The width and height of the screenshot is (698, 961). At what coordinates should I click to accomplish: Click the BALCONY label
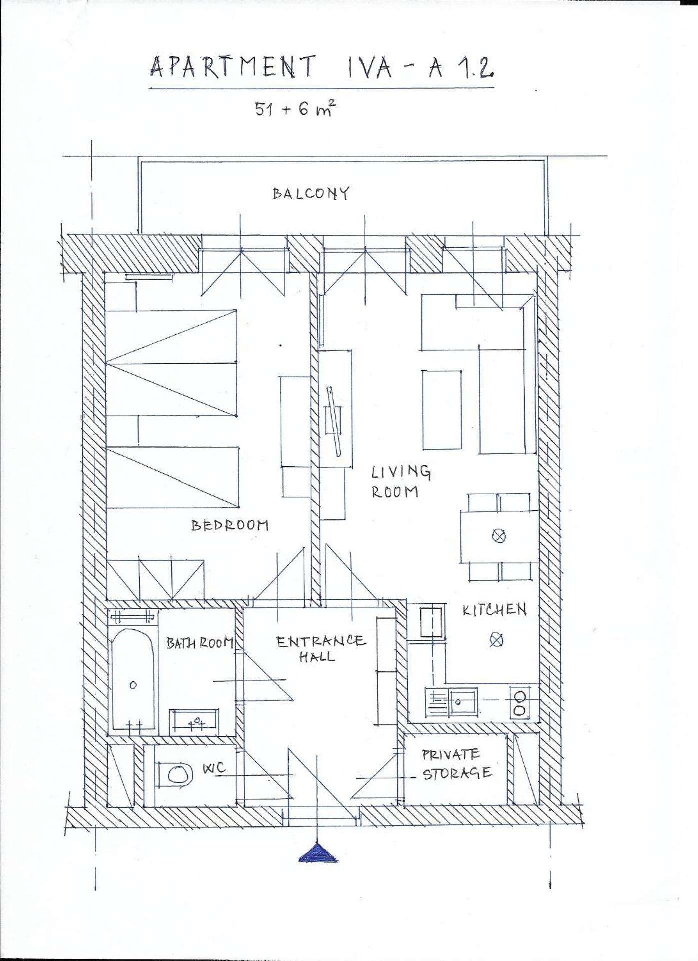click(311, 193)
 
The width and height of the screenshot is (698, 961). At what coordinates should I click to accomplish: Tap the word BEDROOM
click(230, 525)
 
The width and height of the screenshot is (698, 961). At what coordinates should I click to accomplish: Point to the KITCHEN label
click(494, 609)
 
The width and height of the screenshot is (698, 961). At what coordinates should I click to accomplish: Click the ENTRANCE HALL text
click(320, 648)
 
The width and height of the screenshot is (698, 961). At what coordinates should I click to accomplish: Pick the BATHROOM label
click(200, 643)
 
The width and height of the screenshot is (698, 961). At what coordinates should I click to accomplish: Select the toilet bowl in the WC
click(179, 775)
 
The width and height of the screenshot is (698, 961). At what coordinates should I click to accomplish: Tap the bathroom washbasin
click(194, 721)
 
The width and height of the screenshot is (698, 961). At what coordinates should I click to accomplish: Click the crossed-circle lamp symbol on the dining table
click(499, 536)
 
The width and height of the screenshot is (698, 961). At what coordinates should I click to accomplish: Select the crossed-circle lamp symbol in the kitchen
click(496, 640)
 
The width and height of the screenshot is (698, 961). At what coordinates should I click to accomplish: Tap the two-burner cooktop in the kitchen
click(519, 702)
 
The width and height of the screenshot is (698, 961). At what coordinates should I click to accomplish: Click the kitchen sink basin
click(463, 702)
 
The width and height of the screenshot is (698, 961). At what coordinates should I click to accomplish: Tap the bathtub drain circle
click(133, 685)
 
